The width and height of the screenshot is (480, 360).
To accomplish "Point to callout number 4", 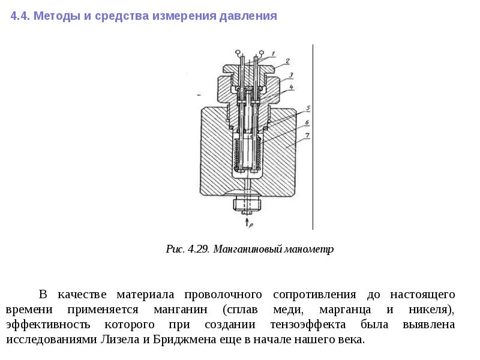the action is (290, 88).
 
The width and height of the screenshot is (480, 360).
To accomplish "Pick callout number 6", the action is (307, 122).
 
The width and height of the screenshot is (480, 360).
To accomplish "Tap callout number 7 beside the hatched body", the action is (307, 137).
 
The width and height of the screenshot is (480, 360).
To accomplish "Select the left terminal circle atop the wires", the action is (239, 52).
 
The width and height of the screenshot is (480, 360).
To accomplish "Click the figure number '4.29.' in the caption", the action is (197, 249).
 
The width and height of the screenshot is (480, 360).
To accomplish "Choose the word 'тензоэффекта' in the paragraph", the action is (308, 325).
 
